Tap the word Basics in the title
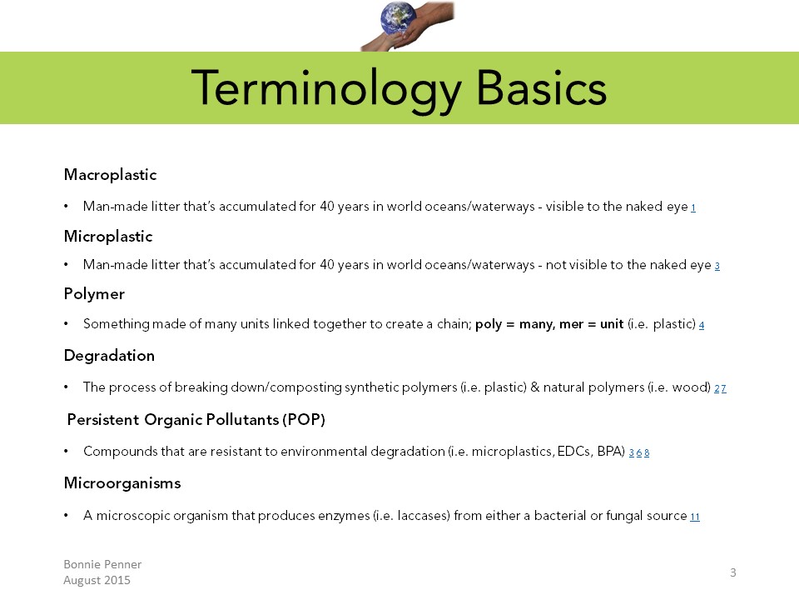(541, 87)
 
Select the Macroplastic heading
(110, 175)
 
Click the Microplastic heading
(108, 236)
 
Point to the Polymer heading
(94, 294)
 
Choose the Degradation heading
(109, 356)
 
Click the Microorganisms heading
(122, 483)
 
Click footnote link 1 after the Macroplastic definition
(693, 207)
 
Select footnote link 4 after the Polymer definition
(702, 325)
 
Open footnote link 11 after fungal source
(695, 517)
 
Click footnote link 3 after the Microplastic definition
(717, 266)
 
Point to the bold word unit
(612, 324)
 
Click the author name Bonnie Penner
(102, 564)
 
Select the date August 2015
(97, 581)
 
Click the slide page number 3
(733, 572)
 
